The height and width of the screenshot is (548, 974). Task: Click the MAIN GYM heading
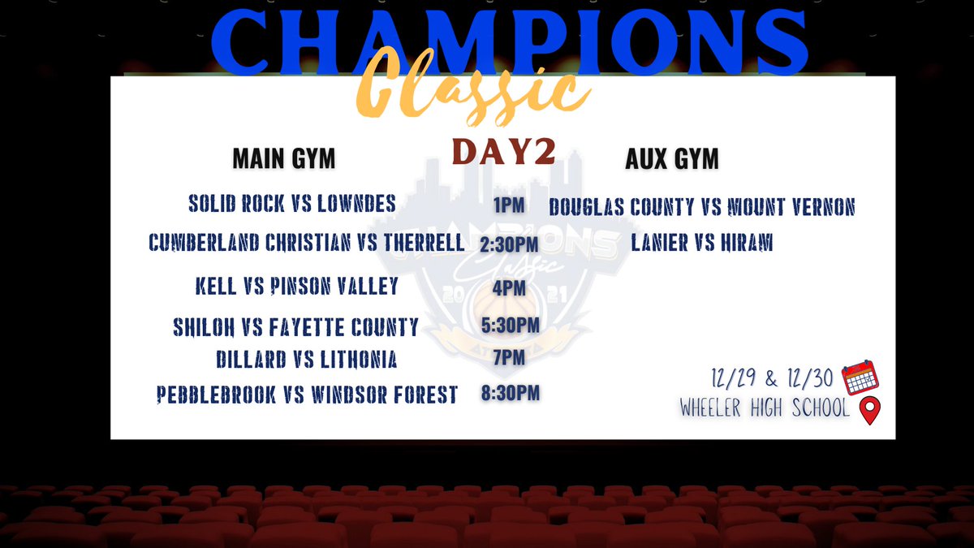pyautogui.click(x=284, y=158)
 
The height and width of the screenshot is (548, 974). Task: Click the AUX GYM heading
pyautogui.click(x=672, y=158)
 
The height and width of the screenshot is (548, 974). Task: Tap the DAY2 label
pyautogui.click(x=504, y=151)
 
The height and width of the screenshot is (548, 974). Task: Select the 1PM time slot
pyautogui.click(x=509, y=205)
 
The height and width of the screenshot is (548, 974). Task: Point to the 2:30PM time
pyautogui.click(x=509, y=244)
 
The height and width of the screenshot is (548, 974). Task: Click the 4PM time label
pyautogui.click(x=509, y=288)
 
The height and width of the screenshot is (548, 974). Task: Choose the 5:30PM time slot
pyautogui.click(x=510, y=326)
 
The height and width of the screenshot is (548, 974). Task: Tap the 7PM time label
pyautogui.click(x=509, y=358)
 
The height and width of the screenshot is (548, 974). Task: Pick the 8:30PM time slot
pyautogui.click(x=510, y=393)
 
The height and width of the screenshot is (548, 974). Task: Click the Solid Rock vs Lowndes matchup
pyautogui.click(x=292, y=203)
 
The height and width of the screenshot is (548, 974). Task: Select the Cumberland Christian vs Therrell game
pyautogui.click(x=307, y=242)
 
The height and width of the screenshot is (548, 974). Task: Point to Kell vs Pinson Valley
pyautogui.click(x=296, y=286)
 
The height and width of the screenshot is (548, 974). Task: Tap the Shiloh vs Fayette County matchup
pyautogui.click(x=295, y=327)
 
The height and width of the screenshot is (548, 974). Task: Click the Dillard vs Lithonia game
pyautogui.click(x=307, y=360)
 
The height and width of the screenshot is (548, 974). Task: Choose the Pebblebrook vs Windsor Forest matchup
pyautogui.click(x=307, y=395)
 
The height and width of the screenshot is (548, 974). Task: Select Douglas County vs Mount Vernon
pyautogui.click(x=702, y=206)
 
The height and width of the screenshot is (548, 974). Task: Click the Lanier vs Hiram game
pyautogui.click(x=702, y=242)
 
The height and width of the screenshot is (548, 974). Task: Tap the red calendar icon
pyautogui.click(x=860, y=377)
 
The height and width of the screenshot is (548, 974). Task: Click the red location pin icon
pyautogui.click(x=870, y=410)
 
